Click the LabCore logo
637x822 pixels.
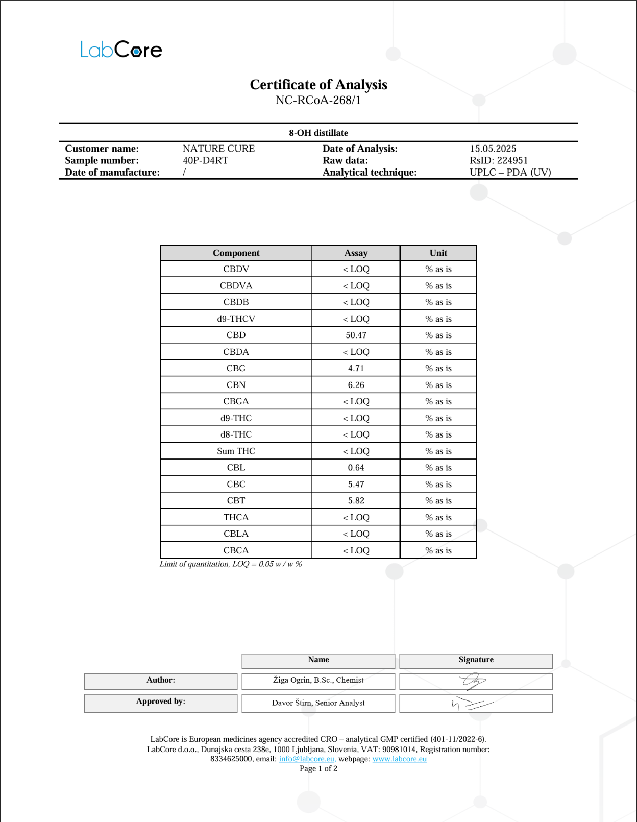[121, 50]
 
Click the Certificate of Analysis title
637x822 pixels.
[318, 85]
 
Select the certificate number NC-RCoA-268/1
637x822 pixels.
[318, 100]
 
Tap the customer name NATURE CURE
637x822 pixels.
[218, 149]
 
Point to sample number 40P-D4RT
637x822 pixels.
[205, 160]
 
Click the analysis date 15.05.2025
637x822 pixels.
[493, 149]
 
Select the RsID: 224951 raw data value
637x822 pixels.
[499, 160]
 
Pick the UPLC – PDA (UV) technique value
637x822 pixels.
[510, 172]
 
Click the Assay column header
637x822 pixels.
[356, 253]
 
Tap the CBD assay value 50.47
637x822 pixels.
[356, 335]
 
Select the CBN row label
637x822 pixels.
[236, 385]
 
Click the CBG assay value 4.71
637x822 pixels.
[356, 368]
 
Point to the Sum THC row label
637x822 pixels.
[236, 451]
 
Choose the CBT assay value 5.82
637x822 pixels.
[356, 501]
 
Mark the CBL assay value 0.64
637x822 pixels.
[356, 468]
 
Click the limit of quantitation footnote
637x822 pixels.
[231, 564]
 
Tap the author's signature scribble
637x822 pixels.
[474, 681]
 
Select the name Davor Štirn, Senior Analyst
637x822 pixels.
[318, 703]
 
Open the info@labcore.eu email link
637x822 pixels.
[307, 759]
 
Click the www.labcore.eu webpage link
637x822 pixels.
[399, 759]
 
